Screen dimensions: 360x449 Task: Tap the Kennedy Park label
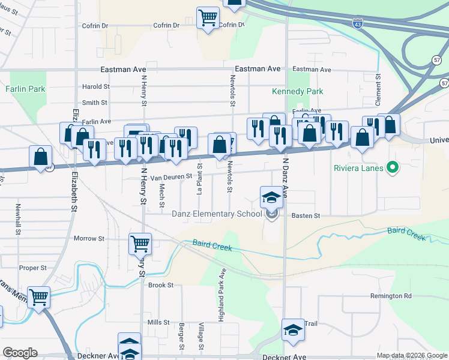click(x=298, y=91)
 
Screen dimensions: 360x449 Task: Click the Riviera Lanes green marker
click(x=393, y=167)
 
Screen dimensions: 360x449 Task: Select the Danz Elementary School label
click(x=217, y=214)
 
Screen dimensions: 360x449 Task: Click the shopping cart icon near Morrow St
click(x=140, y=244)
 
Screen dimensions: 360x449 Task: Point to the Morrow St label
click(x=89, y=238)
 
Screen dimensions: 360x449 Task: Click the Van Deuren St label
click(x=170, y=177)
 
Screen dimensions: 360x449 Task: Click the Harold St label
click(x=95, y=86)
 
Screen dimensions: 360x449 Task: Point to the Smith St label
click(x=95, y=103)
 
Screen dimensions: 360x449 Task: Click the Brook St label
click(x=160, y=285)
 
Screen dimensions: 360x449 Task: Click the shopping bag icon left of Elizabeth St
click(x=40, y=158)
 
